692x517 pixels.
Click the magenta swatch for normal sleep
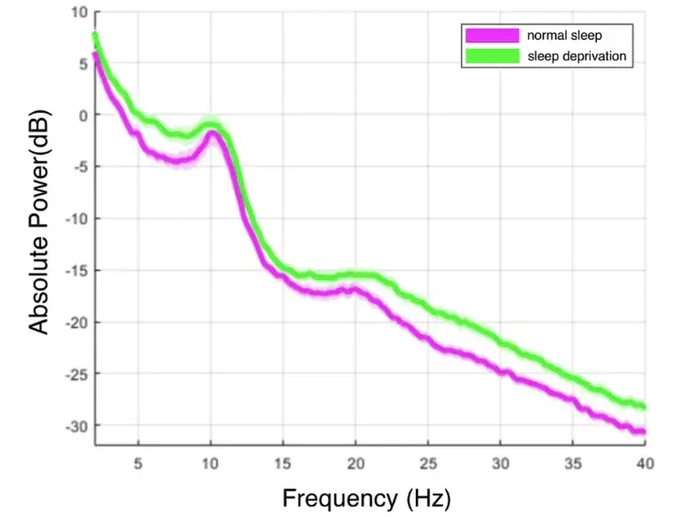(491, 36)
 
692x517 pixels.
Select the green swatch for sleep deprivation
(491, 57)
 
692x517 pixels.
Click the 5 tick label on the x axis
(138, 463)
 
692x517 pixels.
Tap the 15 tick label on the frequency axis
(282, 463)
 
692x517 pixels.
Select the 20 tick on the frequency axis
(355, 463)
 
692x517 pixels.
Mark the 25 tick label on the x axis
(427, 463)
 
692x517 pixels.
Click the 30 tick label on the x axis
(500, 463)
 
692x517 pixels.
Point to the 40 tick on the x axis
(645, 463)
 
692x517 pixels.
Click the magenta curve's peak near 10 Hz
(211, 133)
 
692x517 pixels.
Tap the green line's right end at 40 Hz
(644, 407)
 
